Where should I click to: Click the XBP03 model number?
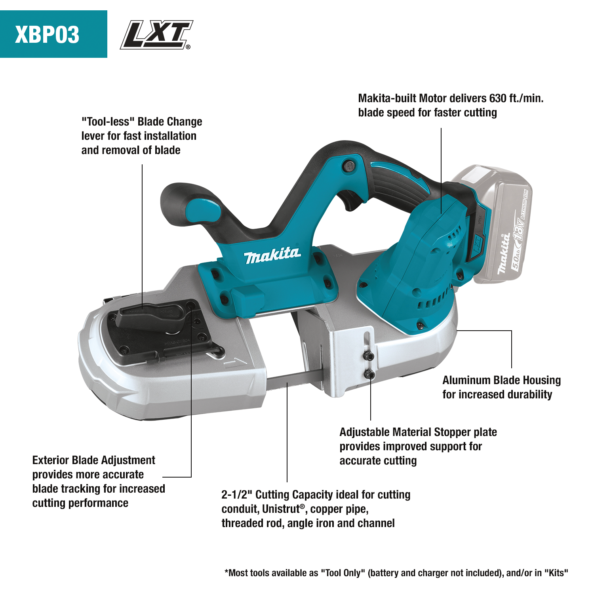tap(47, 34)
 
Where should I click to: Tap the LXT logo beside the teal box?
tap(156, 35)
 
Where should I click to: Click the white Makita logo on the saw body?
tap(272, 255)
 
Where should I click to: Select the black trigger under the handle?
tap(352, 200)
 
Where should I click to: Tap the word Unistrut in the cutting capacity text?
tap(280, 509)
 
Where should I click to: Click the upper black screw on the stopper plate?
tap(369, 356)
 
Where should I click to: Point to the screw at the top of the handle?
tap(348, 166)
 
